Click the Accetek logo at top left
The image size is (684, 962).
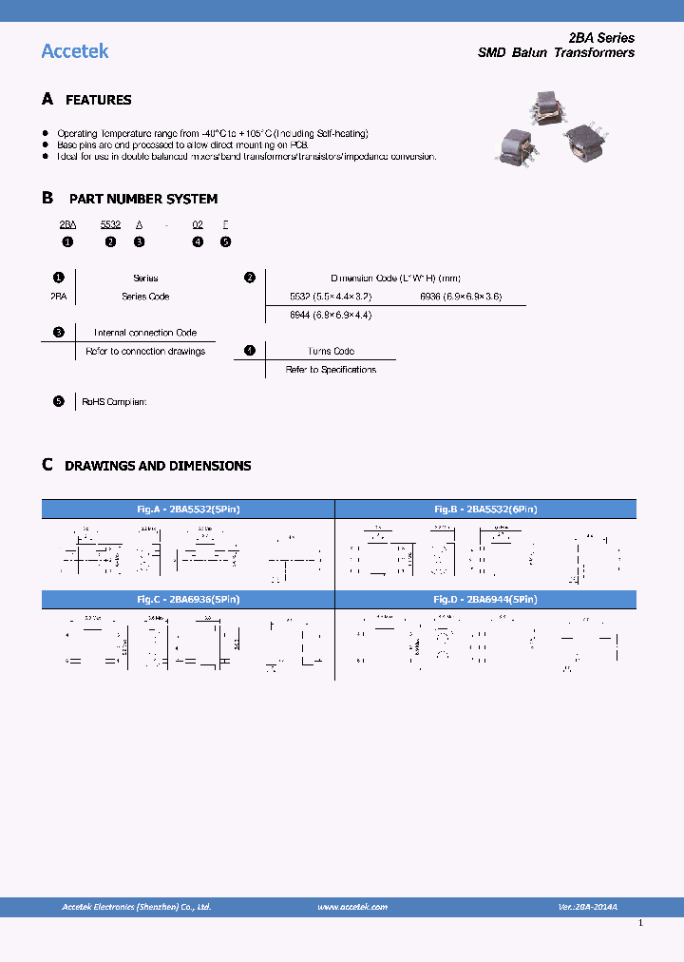75,51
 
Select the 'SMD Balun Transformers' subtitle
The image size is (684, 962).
556,53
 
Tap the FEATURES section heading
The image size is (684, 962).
98,100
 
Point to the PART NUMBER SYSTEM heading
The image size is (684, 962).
142,199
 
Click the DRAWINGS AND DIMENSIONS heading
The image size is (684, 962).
158,466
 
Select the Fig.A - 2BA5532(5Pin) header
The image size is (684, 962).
188,510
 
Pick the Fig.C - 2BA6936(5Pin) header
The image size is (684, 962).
188,600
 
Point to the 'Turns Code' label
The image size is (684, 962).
331,351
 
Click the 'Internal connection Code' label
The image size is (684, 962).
145,333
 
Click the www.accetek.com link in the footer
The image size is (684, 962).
351,907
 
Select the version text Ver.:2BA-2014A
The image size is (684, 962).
587,907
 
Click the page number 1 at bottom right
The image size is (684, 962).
640,923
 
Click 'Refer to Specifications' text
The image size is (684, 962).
331,370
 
